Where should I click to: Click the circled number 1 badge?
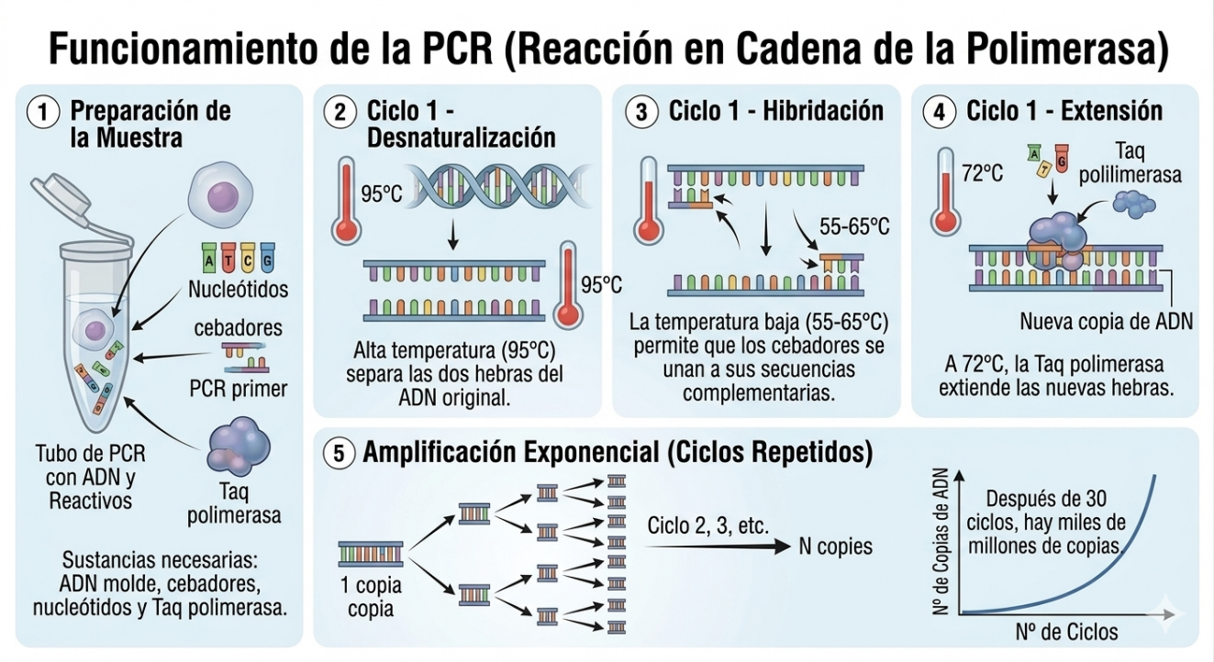pos(43,113)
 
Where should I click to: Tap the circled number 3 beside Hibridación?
pos(641,112)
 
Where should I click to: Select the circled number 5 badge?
pos(339,453)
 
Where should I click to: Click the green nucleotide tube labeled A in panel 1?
pos(209,258)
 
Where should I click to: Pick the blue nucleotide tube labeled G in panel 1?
pos(267,258)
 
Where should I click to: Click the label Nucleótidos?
pos(238,290)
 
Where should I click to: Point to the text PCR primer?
pos(239,389)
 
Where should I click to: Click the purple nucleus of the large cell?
pos(223,195)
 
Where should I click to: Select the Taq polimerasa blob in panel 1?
pos(239,447)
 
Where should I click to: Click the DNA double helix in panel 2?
pos(498,186)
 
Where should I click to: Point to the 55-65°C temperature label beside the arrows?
pos(854,226)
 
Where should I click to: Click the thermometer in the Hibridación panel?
pos(648,201)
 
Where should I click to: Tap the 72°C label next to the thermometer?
pos(982,173)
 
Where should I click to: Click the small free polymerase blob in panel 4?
pos(1134,204)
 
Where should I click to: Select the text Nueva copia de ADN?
pos(1106,321)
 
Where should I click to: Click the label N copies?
pos(836,546)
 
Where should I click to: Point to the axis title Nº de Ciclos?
pos(1066,632)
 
